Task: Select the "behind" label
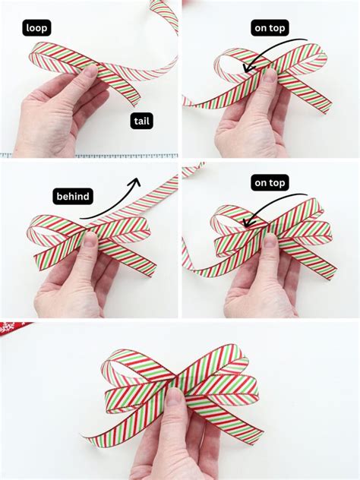pos(73,197)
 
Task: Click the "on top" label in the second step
pos(270,28)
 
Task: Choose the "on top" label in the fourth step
pos(270,183)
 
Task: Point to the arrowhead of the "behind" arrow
pos(137,182)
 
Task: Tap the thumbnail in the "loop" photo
pos(90,71)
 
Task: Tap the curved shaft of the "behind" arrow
pos(106,209)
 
